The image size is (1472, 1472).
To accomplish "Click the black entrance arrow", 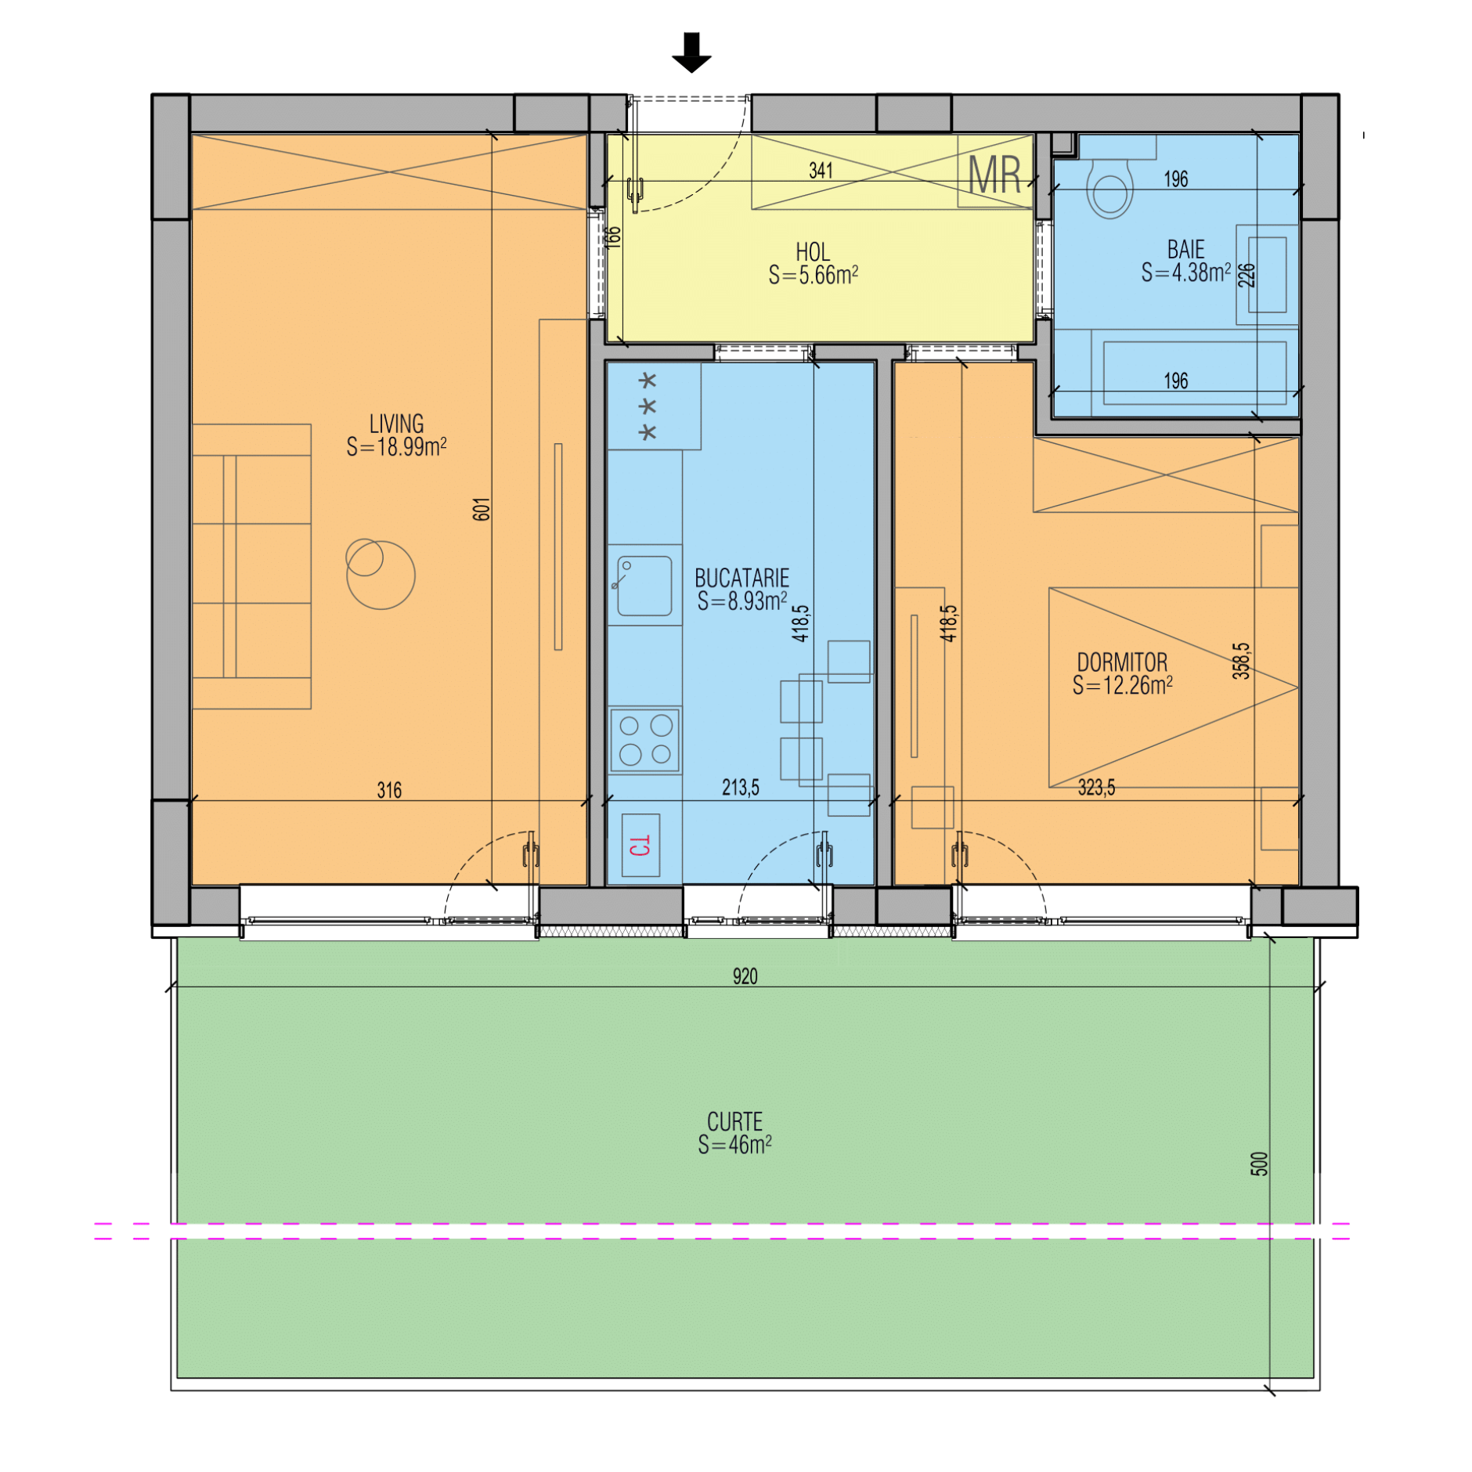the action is tap(691, 52).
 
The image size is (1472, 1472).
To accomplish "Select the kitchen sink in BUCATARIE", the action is tap(644, 585).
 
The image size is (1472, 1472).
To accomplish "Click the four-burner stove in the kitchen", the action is tap(645, 739).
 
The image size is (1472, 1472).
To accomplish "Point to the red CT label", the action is tap(640, 845).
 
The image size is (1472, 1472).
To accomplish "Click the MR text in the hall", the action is tap(994, 175).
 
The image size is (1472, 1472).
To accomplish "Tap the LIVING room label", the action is tap(396, 424).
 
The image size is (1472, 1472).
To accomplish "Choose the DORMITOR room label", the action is tap(1122, 662).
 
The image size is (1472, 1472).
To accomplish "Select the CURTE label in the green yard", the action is tap(734, 1121).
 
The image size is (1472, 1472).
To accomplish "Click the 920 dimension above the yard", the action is tap(745, 976).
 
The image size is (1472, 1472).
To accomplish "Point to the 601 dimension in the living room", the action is tap(481, 509).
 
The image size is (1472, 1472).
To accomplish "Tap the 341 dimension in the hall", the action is tap(821, 170).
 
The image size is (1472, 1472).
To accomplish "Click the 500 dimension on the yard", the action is tap(1258, 1164).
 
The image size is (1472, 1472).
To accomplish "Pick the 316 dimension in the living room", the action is tap(389, 790).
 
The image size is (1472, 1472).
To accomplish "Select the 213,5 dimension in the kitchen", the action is tap(740, 787).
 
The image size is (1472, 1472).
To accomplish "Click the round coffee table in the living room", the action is tap(381, 574).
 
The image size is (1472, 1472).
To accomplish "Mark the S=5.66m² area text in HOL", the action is tap(813, 276).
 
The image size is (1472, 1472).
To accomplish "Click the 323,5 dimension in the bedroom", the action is tap(1096, 787).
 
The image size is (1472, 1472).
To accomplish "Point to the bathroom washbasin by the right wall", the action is tap(1266, 274).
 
